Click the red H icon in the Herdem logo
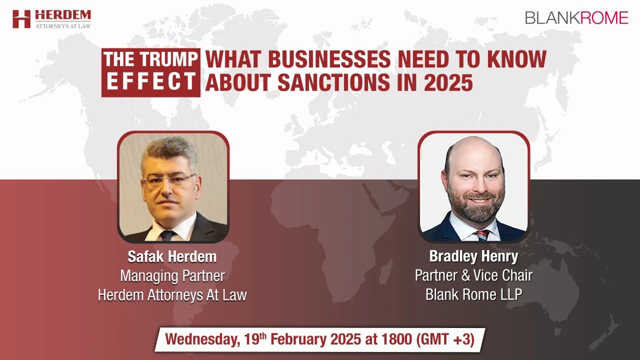pos(21,19)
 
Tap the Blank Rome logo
pos(576,18)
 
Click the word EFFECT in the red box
pos(151,81)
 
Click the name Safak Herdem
pos(172,256)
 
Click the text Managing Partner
pos(172,276)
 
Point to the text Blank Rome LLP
pos(473,294)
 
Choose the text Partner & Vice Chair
pos(473,275)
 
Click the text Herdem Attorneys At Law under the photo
pos(172,295)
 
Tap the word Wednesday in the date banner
pos(202,339)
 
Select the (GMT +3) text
pos(445,339)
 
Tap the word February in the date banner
pos(298,339)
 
